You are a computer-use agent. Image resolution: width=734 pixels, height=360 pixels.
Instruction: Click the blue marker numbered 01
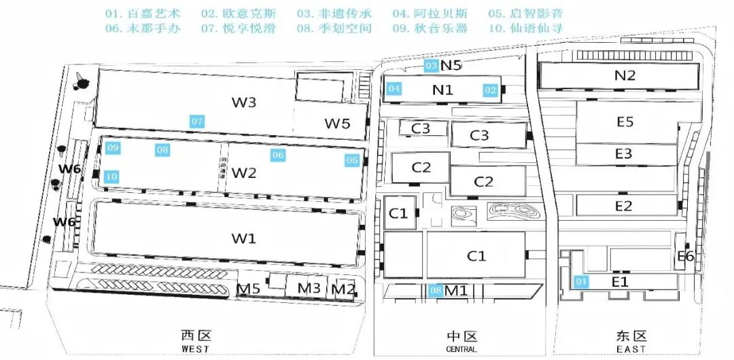tap(580, 281)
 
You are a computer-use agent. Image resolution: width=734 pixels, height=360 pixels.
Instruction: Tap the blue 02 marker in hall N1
tap(491, 89)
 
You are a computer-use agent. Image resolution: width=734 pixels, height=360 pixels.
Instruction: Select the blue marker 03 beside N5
tap(431, 66)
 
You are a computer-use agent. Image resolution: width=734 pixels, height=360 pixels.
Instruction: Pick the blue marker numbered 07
tap(197, 122)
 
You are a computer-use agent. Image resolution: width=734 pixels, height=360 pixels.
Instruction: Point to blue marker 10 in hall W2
tap(112, 177)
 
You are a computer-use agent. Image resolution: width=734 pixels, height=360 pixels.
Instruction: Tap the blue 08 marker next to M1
tap(436, 291)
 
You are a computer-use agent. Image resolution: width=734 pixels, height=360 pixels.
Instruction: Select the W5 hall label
tap(336, 124)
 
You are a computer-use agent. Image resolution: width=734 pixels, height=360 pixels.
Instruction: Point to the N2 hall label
tap(625, 75)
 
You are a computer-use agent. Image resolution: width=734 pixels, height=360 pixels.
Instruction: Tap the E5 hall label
tap(625, 122)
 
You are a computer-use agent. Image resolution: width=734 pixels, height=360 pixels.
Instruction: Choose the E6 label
tap(685, 256)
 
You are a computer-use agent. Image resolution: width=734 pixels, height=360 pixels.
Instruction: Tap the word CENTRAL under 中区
tap(461, 349)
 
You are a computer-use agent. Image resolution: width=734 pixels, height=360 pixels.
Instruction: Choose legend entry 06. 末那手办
tap(143, 29)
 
